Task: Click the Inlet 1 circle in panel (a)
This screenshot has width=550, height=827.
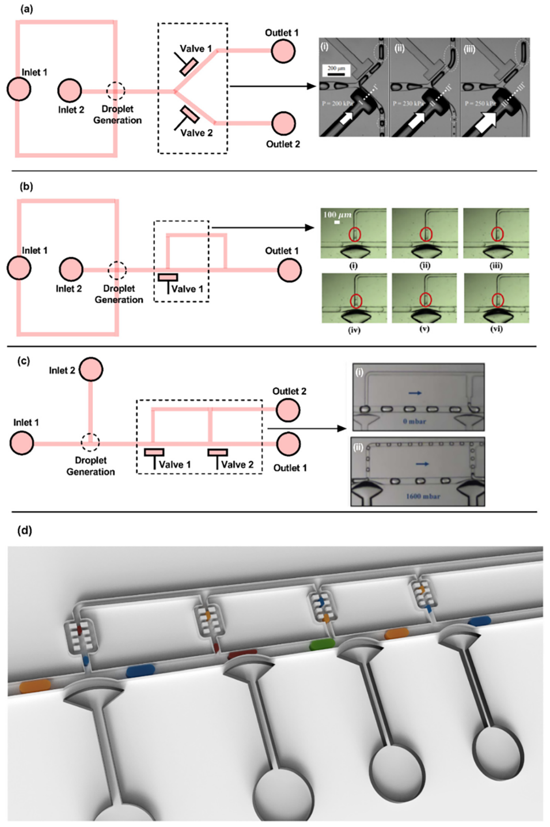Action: click(19, 89)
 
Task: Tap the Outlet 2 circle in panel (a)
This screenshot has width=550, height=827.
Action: click(283, 124)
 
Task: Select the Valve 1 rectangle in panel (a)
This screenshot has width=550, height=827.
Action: click(189, 67)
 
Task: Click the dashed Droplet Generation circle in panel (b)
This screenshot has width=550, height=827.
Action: click(117, 270)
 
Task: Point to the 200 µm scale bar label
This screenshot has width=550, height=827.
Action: click(336, 69)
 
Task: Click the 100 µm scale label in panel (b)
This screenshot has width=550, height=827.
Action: click(337, 214)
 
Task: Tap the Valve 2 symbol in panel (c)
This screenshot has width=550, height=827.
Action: click(218, 452)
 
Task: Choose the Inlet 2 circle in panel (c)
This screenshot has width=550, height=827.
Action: click(91, 369)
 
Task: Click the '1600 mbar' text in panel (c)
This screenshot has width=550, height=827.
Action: click(423, 496)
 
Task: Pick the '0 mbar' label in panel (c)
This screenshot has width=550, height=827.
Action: click(415, 421)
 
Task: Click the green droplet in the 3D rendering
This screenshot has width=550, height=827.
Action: click(322, 644)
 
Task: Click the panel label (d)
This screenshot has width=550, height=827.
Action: click(24, 530)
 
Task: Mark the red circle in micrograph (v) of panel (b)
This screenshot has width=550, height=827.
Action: click(425, 300)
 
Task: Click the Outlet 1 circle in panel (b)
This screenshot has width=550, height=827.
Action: click(289, 270)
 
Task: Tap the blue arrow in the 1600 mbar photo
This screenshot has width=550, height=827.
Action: click(422, 463)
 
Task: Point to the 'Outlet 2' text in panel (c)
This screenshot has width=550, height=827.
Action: click(289, 391)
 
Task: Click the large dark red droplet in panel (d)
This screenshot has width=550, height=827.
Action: click(242, 655)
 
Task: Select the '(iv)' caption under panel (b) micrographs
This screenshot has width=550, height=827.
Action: click(354, 330)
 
